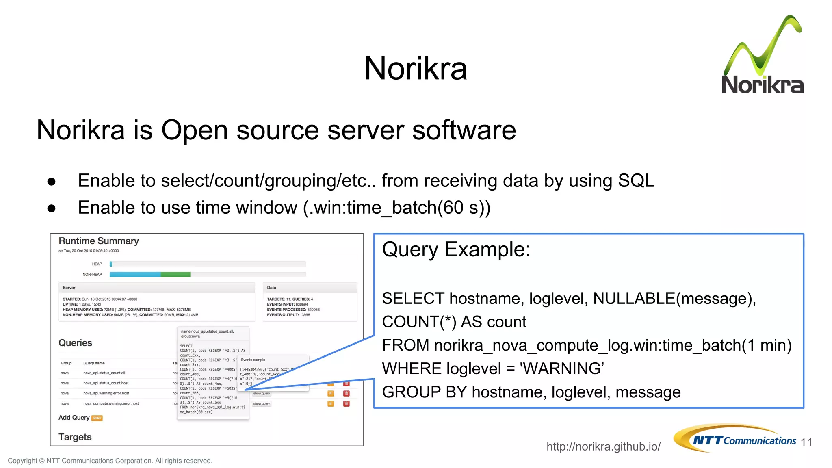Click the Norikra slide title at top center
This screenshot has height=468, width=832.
pyautogui.click(x=416, y=68)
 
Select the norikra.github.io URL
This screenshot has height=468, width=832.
pyautogui.click(x=603, y=446)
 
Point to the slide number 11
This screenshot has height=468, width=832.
pyautogui.click(x=806, y=442)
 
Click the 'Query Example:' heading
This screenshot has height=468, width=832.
pyautogui.click(x=456, y=249)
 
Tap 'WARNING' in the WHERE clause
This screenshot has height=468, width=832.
pyautogui.click(x=562, y=368)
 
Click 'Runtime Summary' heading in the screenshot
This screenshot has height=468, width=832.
pyautogui.click(x=99, y=241)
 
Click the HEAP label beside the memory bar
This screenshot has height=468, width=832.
pyautogui.click(x=97, y=264)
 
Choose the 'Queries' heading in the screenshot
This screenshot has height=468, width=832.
pyautogui.click(x=75, y=343)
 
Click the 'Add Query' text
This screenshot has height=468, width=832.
pyautogui.click(x=74, y=418)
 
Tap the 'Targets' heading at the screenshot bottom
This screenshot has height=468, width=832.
pyautogui.click(x=75, y=437)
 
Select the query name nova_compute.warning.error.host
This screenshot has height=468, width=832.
pyautogui.click(x=111, y=404)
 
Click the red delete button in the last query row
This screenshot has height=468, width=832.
pyautogui.click(x=347, y=404)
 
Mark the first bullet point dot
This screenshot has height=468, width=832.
pyautogui.click(x=51, y=181)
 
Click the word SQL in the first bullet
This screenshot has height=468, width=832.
pyautogui.click(x=636, y=181)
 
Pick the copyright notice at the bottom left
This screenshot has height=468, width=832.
pyautogui.click(x=110, y=461)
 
